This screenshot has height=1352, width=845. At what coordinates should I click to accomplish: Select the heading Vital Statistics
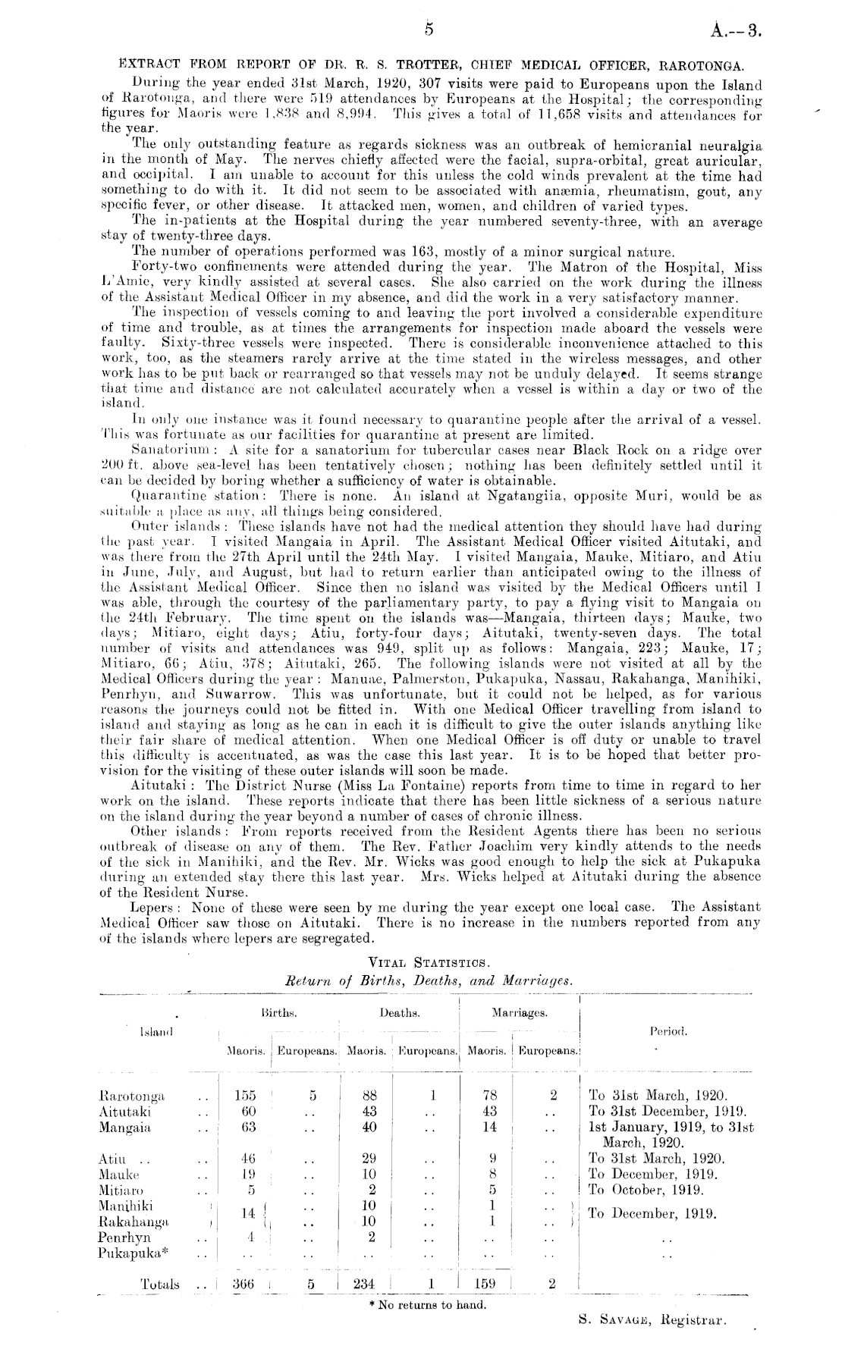(x=425, y=963)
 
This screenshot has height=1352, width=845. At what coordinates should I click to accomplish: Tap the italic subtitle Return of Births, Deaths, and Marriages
(x=425, y=981)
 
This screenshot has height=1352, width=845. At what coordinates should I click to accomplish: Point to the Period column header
(x=668, y=1032)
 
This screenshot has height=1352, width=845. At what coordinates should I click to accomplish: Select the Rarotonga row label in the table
(x=133, y=1096)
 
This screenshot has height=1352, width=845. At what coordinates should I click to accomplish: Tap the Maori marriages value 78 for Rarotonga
(x=489, y=1096)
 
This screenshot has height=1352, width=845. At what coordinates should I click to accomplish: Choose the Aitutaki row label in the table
(x=125, y=1111)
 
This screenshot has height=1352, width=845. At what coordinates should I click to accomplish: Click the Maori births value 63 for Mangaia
(x=247, y=1127)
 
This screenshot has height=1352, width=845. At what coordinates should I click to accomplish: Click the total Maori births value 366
(x=243, y=1284)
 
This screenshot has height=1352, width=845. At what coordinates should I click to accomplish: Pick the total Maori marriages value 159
(x=485, y=1284)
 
